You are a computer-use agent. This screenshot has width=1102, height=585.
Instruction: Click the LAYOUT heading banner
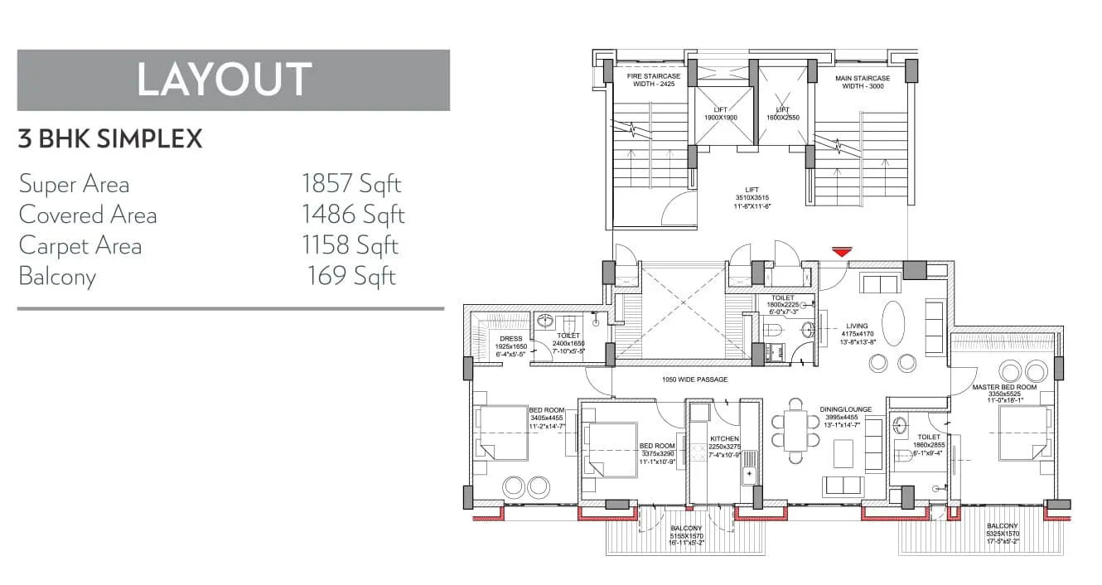point(233,80)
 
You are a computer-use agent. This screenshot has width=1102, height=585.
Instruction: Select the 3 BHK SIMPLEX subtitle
point(110,138)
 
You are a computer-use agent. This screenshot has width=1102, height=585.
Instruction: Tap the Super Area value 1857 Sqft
point(351,183)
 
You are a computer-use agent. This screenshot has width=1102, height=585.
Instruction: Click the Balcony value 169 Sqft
point(351,276)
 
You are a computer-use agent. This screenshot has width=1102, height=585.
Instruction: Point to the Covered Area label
point(88,215)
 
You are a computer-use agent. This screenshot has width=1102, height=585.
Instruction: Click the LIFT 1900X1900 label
point(720,114)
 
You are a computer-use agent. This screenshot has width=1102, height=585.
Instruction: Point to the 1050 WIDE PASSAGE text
point(694,380)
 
